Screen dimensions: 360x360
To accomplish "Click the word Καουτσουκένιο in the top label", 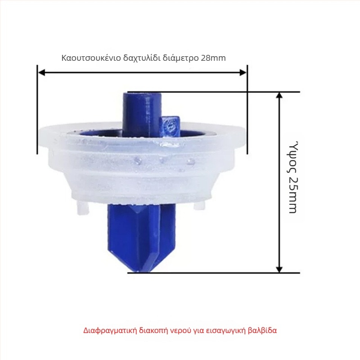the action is [91, 58].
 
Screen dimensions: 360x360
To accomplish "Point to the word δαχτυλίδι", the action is [142, 58].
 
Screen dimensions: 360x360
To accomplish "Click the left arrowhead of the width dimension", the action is [41, 73].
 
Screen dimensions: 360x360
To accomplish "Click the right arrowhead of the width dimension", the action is [243, 73].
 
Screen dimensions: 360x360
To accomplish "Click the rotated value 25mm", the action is [292, 195].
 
